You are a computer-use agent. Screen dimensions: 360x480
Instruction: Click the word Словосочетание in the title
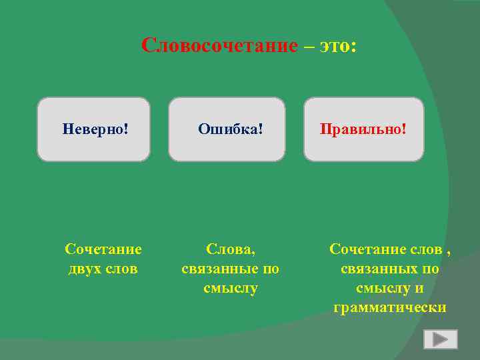[x=219, y=45]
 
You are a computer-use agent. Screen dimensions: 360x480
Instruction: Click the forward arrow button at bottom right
[x=440, y=339]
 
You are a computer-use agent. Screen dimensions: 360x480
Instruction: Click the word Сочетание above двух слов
[x=103, y=249]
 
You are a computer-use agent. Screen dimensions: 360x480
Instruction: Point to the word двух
[x=87, y=269]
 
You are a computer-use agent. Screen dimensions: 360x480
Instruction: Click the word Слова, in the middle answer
[x=231, y=249]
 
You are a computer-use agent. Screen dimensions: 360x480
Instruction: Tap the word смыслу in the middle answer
[x=231, y=288]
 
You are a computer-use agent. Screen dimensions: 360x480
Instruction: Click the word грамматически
[x=390, y=307]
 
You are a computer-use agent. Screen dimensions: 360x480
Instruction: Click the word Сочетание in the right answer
[x=368, y=249]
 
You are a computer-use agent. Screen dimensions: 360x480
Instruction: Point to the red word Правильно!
[x=363, y=127]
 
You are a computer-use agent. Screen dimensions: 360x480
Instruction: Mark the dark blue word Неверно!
[x=95, y=127]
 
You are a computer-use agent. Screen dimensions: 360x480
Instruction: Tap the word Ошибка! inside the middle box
[x=231, y=127]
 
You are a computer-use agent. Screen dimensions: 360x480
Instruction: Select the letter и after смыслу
[x=419, y=288]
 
